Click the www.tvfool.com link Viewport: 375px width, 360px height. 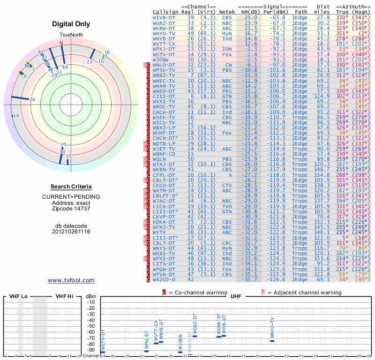tap(71, 280)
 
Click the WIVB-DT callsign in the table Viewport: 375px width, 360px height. tap(164, 17)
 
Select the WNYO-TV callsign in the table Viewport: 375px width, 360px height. tap(164, 33)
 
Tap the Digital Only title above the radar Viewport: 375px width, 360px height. tap(71, 24)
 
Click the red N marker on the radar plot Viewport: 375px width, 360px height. tap(61, 43)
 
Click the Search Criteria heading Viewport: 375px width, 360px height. tap(71, 187)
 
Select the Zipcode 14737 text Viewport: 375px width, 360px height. tap(71, 209)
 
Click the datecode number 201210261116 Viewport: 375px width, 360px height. tap(71, 232)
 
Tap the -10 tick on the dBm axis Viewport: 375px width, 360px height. tap(91, 302)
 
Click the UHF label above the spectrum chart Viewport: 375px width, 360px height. tap(235, 296)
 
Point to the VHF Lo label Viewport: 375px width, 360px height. tap(18, 296)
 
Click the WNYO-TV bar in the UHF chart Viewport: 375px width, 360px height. tap(272, 341)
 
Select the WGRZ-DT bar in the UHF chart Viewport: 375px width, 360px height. tap(195, 336)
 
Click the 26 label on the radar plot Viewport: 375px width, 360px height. tap(32, 99)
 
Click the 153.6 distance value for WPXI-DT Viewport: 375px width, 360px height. tap(323, 258)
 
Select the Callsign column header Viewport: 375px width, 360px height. tap(166, 11)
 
